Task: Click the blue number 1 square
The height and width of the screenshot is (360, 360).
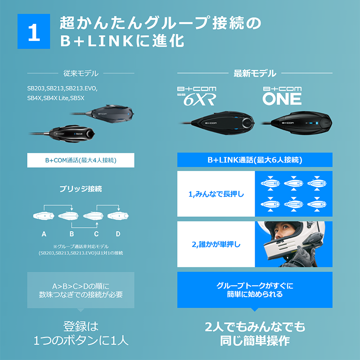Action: coord(34,31)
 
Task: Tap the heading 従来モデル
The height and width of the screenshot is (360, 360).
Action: coord(81,73)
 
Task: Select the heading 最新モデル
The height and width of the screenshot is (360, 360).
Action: coord(255,73)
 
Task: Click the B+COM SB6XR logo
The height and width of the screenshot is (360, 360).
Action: coord(197,96)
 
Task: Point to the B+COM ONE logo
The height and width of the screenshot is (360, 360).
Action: coord(282,96)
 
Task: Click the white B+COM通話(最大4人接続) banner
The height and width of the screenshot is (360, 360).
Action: coord(81,160)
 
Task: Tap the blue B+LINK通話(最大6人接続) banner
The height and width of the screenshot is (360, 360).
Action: coord(255,160)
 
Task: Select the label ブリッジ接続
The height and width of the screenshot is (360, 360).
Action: coord(81,189)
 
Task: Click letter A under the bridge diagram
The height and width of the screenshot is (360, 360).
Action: coord(44,234)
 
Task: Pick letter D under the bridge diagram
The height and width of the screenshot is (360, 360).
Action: coord(118,234)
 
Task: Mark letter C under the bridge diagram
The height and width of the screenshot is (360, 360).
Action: coord(96,234)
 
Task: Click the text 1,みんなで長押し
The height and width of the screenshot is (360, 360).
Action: coord(216,194)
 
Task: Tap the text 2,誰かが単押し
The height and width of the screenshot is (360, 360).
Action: coord(216,244)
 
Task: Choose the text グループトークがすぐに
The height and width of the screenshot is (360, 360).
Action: coord(255,286)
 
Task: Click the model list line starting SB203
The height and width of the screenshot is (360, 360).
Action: coord(63,88)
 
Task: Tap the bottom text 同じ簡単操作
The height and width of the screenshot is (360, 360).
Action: coord(255,341)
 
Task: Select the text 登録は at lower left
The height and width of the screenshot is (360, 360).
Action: coord(81,326)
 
